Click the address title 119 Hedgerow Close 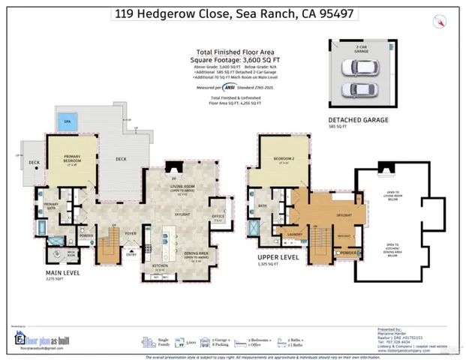[233, 13]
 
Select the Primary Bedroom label [76, 160]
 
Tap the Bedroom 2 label [281, 160]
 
